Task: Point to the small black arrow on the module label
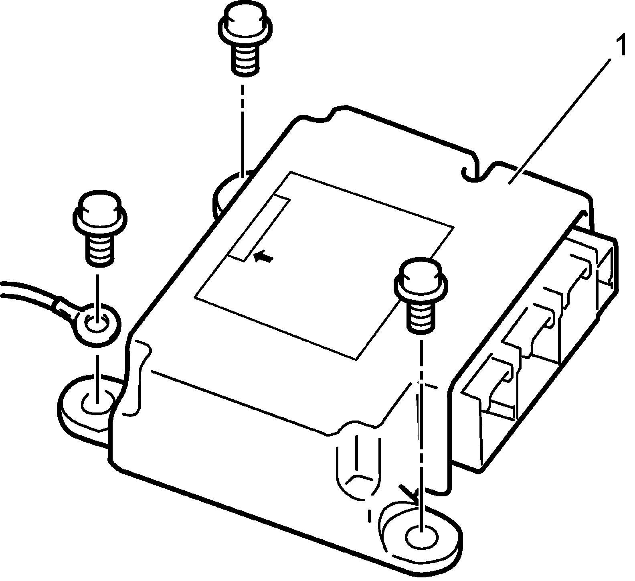click(x=264, y=256)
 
